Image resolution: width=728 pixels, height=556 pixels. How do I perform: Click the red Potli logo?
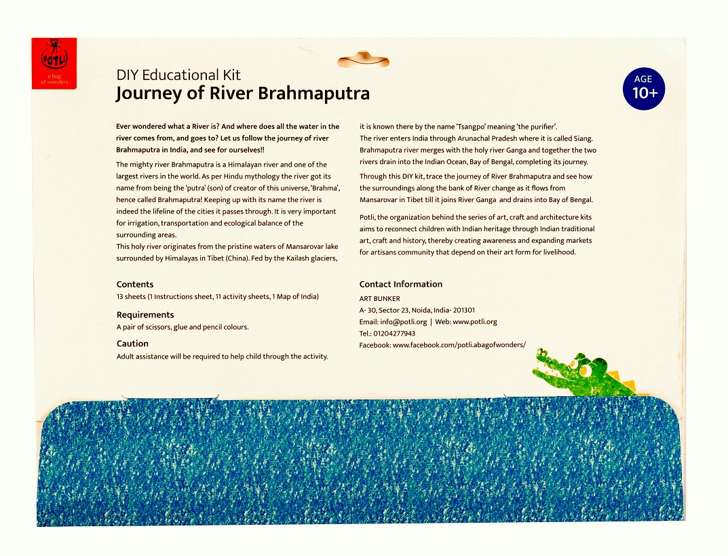54,63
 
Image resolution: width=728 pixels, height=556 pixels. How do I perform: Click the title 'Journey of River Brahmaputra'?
243,93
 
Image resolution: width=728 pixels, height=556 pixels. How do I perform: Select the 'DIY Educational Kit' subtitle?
178,75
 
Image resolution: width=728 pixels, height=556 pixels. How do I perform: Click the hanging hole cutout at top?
364,60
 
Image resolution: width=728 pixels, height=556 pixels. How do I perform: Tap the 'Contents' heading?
135,285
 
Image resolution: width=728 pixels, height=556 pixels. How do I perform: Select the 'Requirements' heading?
145,315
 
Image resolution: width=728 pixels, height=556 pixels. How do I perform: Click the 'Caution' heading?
132,344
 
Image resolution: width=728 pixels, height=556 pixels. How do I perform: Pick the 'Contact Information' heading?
400,285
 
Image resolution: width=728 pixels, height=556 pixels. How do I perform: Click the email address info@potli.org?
403,322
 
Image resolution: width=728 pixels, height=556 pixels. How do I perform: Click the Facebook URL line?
442,345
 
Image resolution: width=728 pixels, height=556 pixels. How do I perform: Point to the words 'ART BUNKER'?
379,299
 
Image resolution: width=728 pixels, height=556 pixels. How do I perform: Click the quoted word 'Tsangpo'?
466,127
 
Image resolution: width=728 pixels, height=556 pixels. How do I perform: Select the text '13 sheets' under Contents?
131,297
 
